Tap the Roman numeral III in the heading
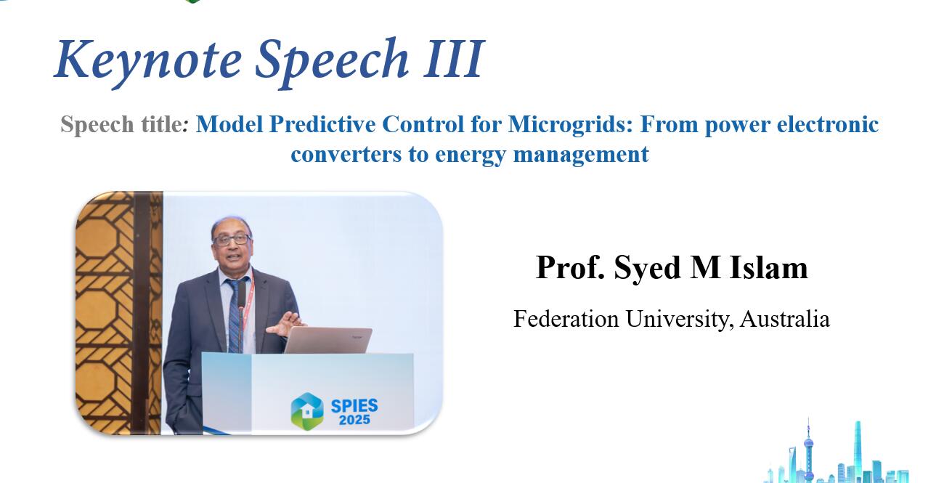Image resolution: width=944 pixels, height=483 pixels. point(454,59)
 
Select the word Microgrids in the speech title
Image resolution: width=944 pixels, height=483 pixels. point(570,125)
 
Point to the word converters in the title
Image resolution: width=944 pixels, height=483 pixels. point(346,154)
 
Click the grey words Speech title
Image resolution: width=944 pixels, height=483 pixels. point(121,125)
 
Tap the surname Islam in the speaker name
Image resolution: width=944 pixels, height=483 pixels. point(768,267)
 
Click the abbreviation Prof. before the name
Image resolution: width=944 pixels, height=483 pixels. point(570,267)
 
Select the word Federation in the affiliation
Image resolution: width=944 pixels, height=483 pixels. point(566,319)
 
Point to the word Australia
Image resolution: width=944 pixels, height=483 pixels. point(785,319)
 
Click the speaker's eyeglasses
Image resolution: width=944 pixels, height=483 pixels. point(232,240)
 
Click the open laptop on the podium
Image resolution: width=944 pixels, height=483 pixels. point(328,340)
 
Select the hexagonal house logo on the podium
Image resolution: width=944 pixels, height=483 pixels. point(307,411)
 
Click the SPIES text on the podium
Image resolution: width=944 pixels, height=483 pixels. point(354,406)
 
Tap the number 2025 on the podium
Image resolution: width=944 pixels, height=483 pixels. point(354,420)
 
